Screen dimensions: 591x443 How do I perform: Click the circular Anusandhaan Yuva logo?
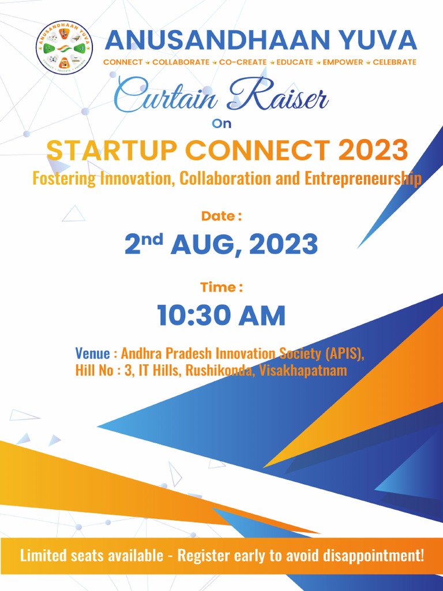point(64,47)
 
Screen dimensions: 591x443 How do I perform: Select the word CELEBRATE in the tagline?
point(395,62)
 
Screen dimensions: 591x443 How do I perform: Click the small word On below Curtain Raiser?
point(221,123)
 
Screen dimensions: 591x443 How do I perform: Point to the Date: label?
point(221,216)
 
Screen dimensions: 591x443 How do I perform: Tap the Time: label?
point(221,287)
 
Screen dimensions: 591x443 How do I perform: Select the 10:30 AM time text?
point(221,316)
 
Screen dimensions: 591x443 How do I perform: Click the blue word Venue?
point(92,353)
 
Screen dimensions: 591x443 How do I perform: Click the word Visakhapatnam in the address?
point(303,371)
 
